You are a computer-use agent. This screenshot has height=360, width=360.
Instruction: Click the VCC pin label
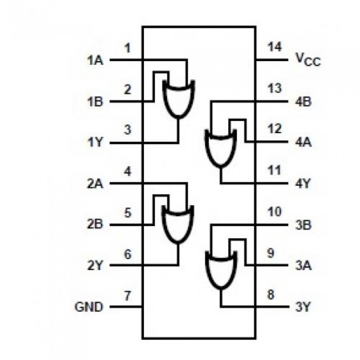click(308, 60)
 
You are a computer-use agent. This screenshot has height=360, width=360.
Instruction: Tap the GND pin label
click(89, 307)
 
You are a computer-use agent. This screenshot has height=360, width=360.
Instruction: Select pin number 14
click(275, 47)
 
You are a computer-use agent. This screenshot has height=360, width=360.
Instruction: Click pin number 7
click(128, 296)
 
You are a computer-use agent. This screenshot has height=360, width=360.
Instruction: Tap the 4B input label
click(303, 101)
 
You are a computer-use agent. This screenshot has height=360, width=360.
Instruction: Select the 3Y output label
click(303, 307)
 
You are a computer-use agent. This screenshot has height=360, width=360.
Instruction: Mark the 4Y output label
click(303, 184)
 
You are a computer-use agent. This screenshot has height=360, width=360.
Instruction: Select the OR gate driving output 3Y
click(220, 270)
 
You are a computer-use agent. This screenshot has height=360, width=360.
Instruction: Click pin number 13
click(275, 88)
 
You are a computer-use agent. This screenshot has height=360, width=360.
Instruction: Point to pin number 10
click(275, 212)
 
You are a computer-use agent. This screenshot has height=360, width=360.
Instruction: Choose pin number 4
click(128, 171)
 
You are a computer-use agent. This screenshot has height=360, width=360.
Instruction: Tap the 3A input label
click(303, 266)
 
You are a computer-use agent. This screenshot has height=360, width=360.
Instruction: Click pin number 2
click(128, 88)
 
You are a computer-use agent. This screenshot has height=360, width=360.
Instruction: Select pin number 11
click(275, 171)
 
